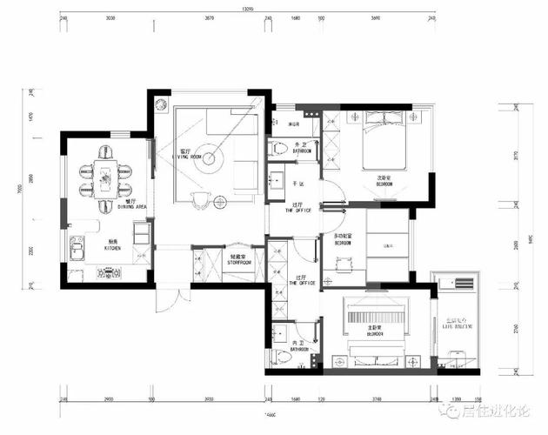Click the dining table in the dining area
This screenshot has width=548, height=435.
(x=106, y=171)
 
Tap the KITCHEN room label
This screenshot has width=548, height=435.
(x=114, y=248)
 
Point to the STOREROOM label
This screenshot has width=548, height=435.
(x=239, y=261)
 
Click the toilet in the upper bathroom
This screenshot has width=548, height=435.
(x=279, y=149)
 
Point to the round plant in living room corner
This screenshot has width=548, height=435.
(x=160, y=104)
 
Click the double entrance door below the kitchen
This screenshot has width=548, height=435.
(x=169, y=300)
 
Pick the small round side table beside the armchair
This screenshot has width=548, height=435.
(x=219, y=202)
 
